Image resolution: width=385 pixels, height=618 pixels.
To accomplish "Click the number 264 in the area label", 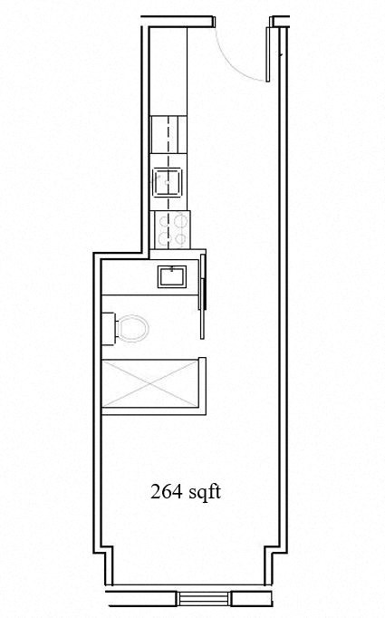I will tap(166, 493).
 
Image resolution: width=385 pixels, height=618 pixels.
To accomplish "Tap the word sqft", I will tap(206, 493).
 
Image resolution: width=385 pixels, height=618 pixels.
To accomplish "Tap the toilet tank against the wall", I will tap(109, 328).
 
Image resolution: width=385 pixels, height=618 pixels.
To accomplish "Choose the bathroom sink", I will tap(172, 275).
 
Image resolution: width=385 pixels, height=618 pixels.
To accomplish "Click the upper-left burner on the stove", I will tap(163, 219).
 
